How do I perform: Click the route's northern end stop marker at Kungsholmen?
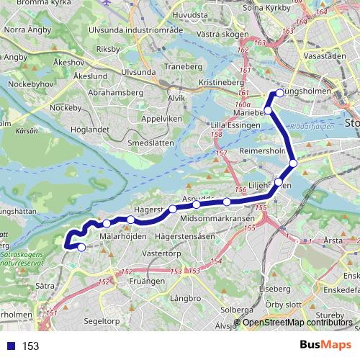click(279, 93)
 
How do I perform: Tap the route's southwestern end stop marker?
click(81, 247)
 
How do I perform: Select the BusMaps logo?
click(325, 345)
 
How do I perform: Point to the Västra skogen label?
click(194, 33)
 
